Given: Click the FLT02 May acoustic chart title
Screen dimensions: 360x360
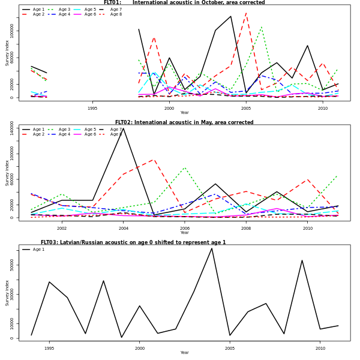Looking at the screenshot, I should [184, 122].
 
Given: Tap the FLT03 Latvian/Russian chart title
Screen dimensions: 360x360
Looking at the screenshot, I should [133, 242].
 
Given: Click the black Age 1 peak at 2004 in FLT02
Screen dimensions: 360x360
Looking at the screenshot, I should [124, 128].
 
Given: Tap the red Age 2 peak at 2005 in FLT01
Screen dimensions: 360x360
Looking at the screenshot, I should [246, 13].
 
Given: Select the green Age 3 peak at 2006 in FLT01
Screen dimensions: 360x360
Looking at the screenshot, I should [262, 26].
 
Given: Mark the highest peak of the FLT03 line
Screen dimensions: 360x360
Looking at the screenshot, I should [212, 248].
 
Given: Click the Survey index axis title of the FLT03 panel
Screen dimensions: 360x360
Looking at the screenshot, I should [7, 293].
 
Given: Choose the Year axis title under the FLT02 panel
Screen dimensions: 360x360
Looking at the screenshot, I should [184, 233].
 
